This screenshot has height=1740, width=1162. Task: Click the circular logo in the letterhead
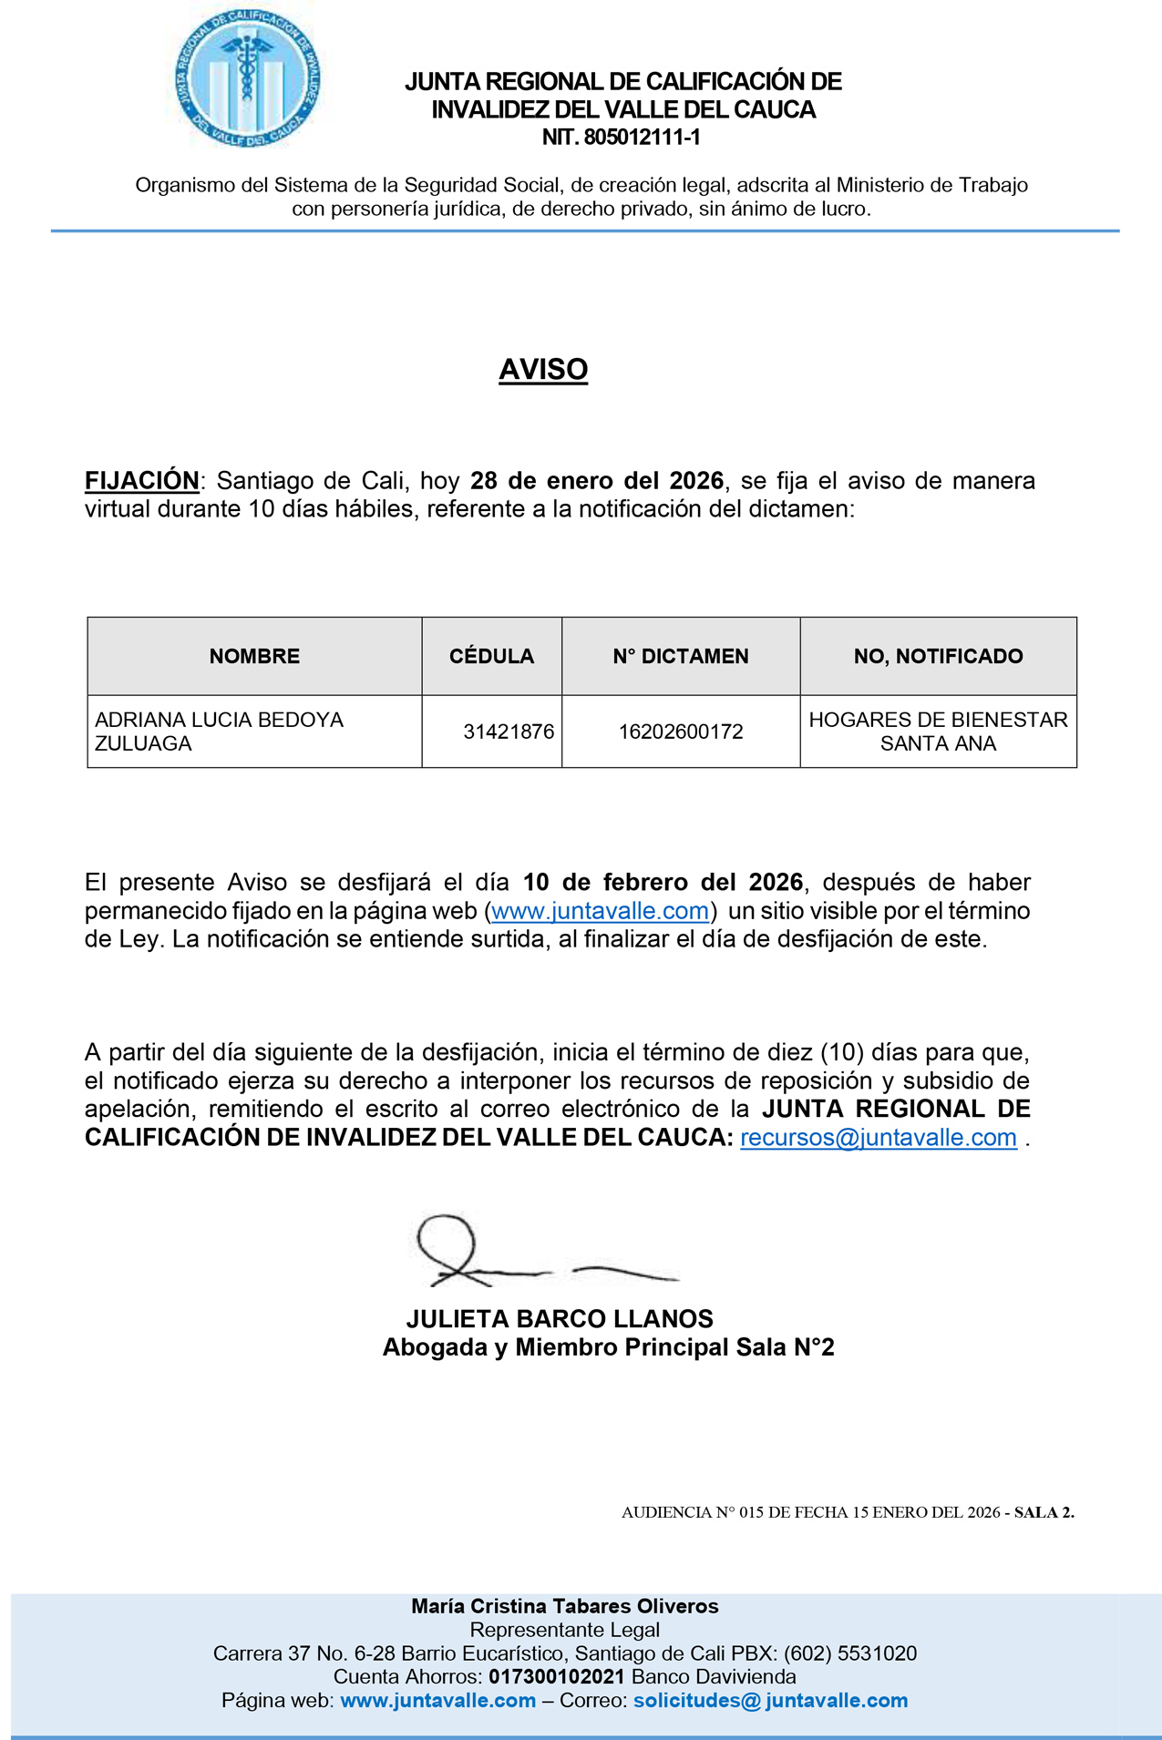247,79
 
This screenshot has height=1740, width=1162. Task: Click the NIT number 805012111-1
622,138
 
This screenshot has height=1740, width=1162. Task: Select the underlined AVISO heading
543,369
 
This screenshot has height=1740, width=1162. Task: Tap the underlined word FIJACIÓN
142,480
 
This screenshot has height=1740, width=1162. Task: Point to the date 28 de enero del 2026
597,480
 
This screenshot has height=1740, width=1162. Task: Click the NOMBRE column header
254,656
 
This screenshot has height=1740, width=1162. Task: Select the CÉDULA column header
491,656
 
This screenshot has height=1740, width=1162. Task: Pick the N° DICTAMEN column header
681,656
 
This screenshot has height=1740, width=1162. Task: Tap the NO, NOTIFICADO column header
938,656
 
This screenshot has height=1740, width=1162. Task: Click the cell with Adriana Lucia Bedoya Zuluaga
220,732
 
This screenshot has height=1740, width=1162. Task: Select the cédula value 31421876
509,732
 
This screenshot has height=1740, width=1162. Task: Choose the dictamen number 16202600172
681,732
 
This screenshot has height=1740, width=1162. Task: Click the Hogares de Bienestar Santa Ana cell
938,732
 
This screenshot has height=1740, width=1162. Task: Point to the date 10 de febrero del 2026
663,882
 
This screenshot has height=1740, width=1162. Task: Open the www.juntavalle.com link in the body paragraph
600,911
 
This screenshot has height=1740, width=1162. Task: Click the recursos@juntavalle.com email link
879,1138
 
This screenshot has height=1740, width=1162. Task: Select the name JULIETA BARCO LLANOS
560,1319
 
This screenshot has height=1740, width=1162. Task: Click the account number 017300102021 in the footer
556,1676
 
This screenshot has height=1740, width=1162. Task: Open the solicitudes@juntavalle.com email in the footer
770,1700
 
